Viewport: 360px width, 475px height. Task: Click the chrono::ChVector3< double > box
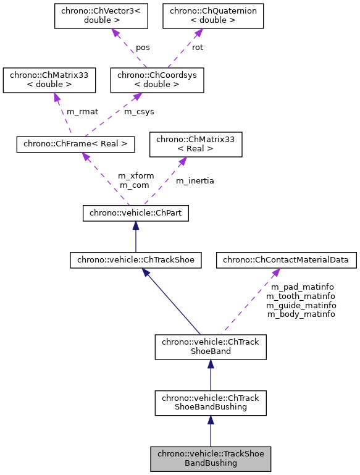tap(101, 17)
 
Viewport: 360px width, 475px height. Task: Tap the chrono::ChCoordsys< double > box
tap(157, 80)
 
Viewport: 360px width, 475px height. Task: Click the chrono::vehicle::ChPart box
tap(136, 213)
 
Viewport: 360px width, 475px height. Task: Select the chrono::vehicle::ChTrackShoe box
tap(136, 260)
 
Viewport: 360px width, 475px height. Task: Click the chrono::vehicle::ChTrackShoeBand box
tap(211, 347)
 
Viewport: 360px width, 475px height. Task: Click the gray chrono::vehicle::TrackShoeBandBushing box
tap(211, 458)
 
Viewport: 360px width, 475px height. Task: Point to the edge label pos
tap(143, 47)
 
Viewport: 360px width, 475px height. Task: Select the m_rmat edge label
tap(82, 111)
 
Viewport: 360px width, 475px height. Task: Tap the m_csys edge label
tap(140, 111)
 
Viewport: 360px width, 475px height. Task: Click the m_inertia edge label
tap(195, 180)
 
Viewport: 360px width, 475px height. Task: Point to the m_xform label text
tap(136, 176)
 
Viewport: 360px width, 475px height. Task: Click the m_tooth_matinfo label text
tap(301, 296)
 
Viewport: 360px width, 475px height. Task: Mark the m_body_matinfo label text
tap(301, 314)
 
